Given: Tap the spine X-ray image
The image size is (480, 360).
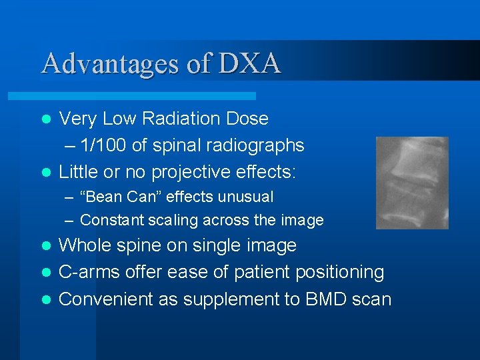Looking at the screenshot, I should tap(412, 183).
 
